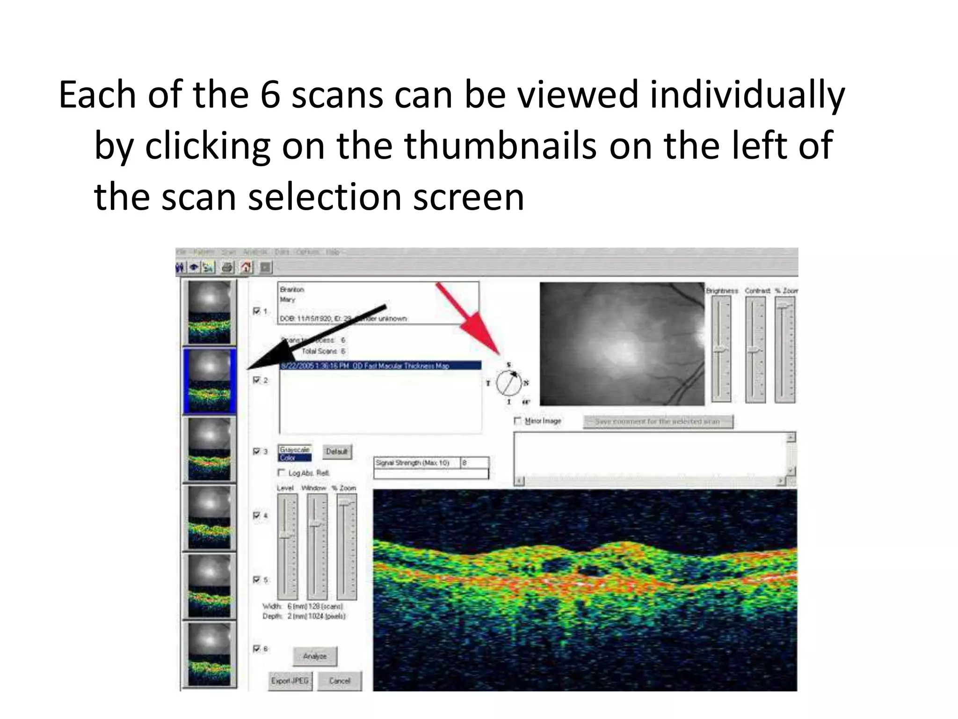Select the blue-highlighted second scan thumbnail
209,382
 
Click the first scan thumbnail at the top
209,313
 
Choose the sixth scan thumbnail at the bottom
209,655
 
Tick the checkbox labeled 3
256,451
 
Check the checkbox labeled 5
256,580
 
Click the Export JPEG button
290,681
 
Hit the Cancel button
340,681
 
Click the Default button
337,452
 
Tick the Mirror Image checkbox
517,421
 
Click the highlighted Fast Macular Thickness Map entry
380,366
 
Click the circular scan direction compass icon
508,383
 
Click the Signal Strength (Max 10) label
413,463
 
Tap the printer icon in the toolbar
227,268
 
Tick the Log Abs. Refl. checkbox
281,472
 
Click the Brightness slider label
722,291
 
